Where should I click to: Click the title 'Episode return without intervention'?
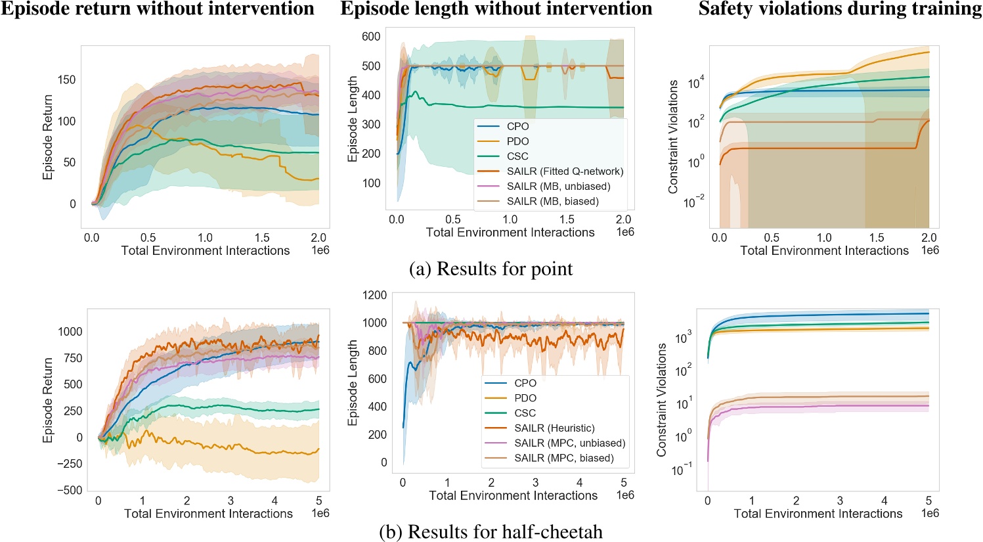pyautogui.click(x=158, y=9)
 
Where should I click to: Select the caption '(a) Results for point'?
pyautogui.click(x=491, y=269)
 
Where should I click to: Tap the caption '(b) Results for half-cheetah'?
pyautogui.click(x=491, y=531)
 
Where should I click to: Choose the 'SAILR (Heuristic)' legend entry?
pyautogui.click(x=554, y=428)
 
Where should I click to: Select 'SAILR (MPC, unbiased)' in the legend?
pyautogui.click(x=569, y=443)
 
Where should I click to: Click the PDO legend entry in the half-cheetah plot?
pyautogui.click(x=525, y=398)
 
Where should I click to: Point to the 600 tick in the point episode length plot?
pyautogui.click(x=371, y=37)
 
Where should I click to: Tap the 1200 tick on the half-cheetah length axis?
pyautogui.click(x=374, y=295)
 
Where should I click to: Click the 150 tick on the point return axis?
pyautogui.click(x=66, y=79)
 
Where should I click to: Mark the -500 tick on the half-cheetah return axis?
pyautogui.click(x=69, y=490)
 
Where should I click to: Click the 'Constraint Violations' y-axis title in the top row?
pyautogui.click(x=673, y=137)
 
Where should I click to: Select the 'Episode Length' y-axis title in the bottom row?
pyautogui.click(x=353, y=382)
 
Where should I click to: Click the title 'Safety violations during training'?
pyautogui.click(x=840, y=9)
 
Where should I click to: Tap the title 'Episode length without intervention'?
pyautogui.click(x=496, y=9)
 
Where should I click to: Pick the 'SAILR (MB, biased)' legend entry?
pyautogui.click(x=552, y=202)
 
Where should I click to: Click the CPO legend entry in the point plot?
pyautogui.click(x=517, y=126)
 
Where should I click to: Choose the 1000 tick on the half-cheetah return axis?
pyautogui.click(x=70, y=331)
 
